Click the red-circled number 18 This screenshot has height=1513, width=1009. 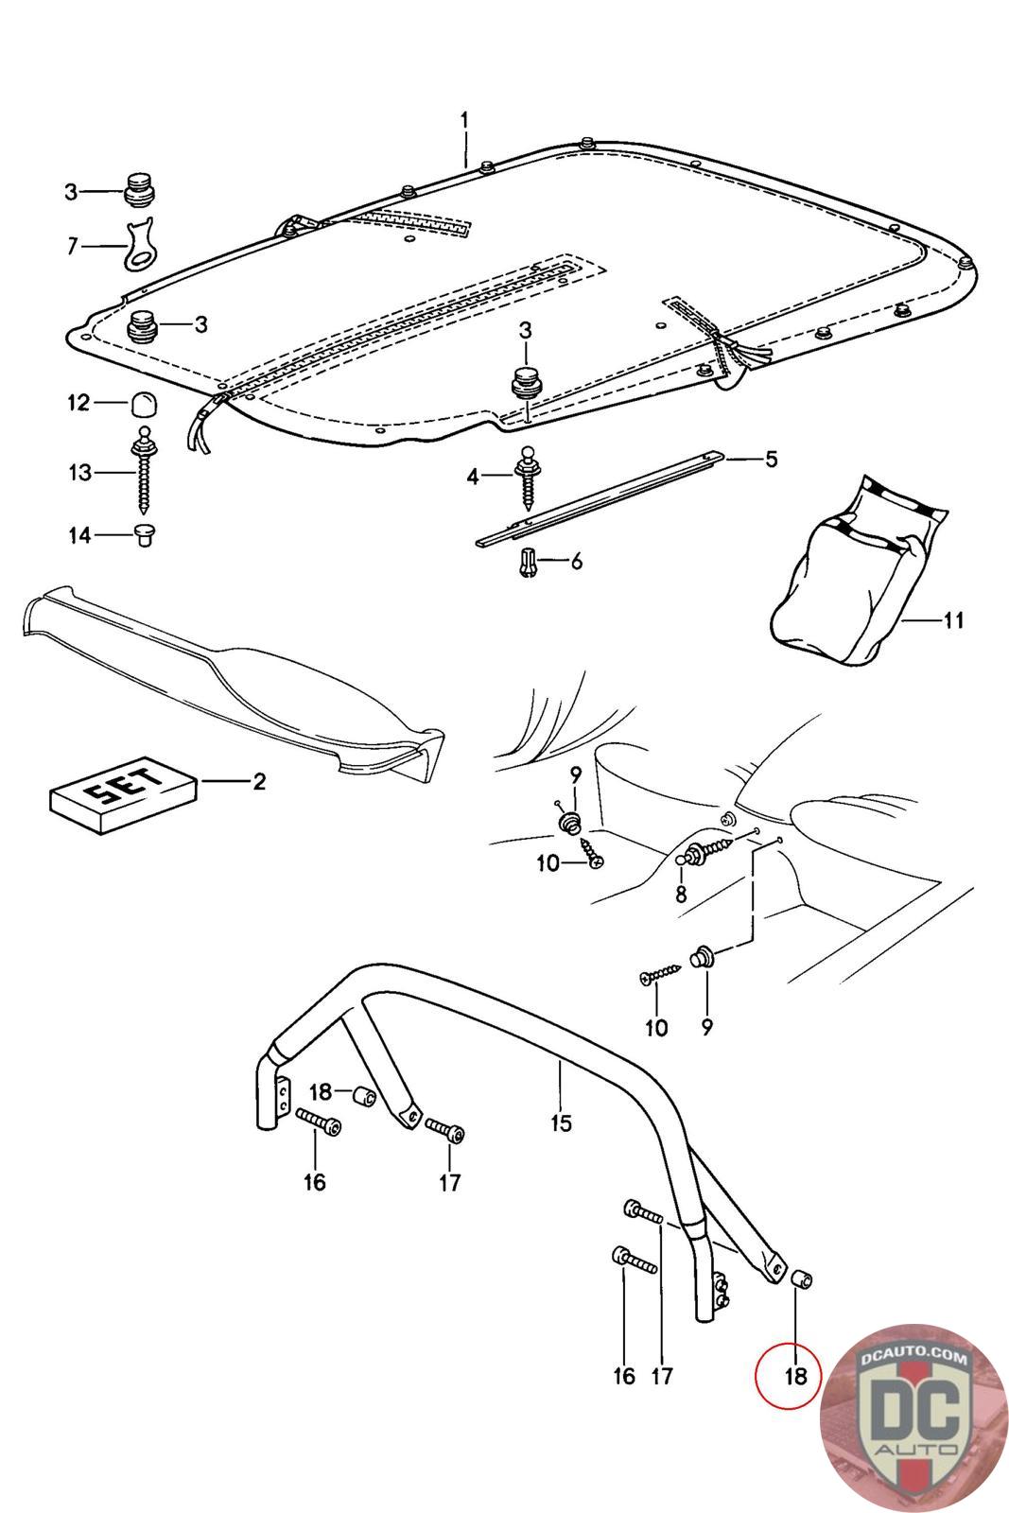(x=796, y=1376)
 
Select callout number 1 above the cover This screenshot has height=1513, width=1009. (x=464, y=120)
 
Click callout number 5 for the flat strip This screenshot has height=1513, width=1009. (x=771, y=460)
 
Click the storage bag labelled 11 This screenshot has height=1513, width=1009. (x=851, y=577)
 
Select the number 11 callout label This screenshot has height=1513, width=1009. (x=953, y=620)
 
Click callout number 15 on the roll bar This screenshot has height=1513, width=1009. (x=561, y=1122)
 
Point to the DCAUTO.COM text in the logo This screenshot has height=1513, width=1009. (x=913, y=1359)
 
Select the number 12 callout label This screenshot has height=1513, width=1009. (x=78, y=403)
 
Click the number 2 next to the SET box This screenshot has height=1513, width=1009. (x=258, y=781)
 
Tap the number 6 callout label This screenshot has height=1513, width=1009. (x=575, y=562)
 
